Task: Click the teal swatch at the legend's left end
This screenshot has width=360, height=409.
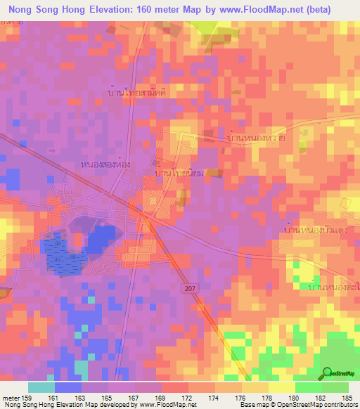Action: click(41, 387)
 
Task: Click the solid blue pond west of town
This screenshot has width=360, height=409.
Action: click(101, 239)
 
